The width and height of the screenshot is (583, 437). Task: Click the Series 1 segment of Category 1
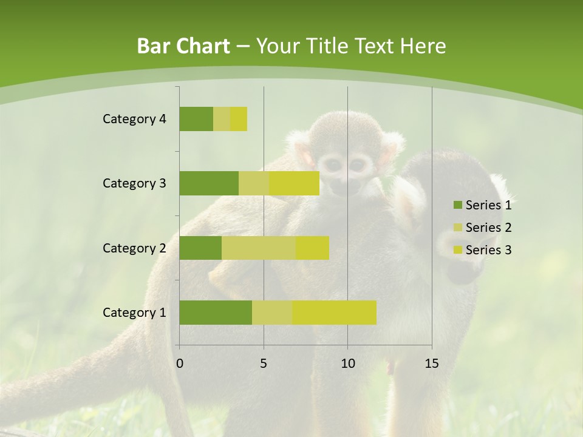pos(216,313)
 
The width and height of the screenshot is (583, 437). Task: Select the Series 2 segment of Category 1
pos(272,313)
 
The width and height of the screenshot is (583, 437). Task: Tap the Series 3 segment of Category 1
pos(334,313)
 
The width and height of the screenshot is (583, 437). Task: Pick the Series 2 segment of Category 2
pos(259,248)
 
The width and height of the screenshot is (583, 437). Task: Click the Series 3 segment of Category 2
pos(312,248)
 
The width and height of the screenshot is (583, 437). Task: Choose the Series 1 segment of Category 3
pos(209,183)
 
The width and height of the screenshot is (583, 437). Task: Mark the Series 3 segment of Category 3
pos(294,183)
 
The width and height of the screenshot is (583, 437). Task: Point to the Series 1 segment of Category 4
pos(196,119)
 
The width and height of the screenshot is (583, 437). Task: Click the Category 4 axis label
pos(134,119)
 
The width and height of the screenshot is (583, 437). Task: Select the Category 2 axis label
pos(134,248)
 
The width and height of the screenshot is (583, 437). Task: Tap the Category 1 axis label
pos(134,313)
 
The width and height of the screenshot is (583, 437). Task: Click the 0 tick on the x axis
pos(180,364)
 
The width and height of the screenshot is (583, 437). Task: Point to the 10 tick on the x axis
pos(347,364)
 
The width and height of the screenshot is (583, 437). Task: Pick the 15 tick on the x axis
pos(432,364)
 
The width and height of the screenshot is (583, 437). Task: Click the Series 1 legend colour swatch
pos(457,205)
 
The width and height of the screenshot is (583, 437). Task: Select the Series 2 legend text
pos(488,228)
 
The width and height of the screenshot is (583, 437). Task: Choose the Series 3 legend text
pos(488,250)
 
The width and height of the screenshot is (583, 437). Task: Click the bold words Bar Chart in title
pos(183,46)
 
